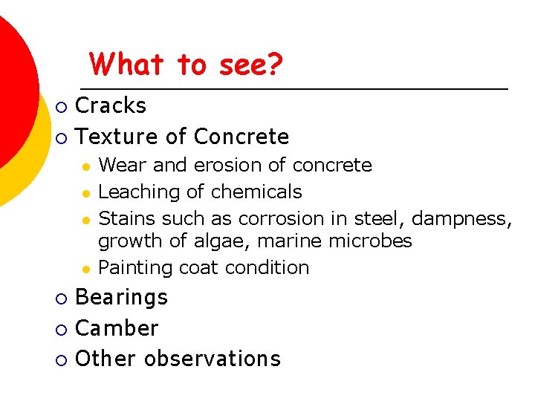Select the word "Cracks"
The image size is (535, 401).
point(111,106)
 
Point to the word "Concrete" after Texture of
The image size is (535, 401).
point(241,137)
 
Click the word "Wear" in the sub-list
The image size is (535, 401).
point(117,165)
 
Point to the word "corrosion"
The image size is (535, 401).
point(292,219)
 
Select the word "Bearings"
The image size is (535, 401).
point(121,298)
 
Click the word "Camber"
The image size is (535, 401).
point(117,328)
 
